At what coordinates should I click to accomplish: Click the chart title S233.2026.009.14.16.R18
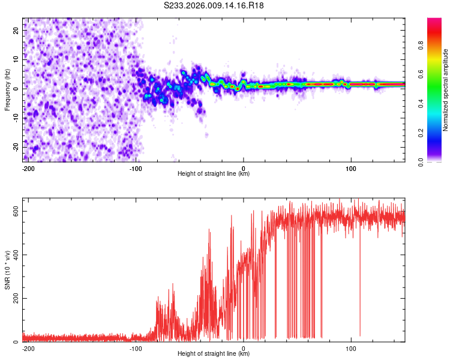(214, 6)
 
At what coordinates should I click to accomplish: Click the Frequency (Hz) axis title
(7, 89)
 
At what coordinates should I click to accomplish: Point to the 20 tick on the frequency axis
(16, 29)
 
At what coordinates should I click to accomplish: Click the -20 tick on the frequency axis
(15, 147)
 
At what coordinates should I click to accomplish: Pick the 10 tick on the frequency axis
(16, 59)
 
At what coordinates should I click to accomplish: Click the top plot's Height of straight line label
(214, 174)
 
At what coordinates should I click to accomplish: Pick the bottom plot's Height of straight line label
(214, 354)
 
